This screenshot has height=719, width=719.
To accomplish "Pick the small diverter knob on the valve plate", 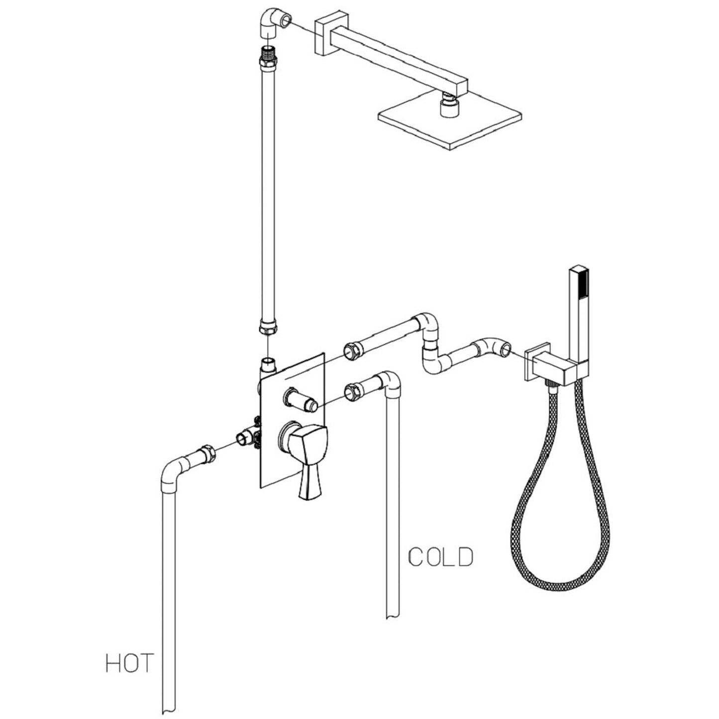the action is (301, 400).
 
